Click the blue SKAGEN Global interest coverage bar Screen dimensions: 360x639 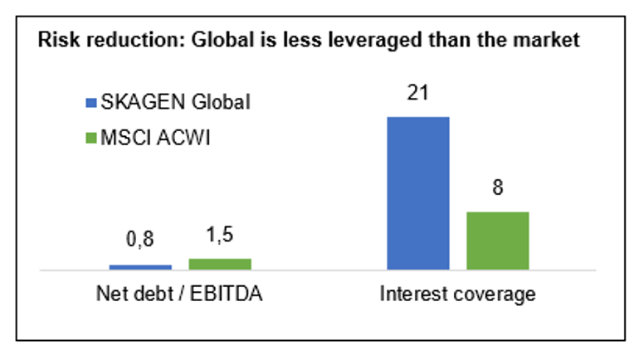click(x=418, y=192)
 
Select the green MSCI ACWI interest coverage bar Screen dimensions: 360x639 click(x=497, y=241)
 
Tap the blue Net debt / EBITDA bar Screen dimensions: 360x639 click(x=140, y=267)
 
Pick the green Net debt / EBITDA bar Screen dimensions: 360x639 click(x=220, y=264)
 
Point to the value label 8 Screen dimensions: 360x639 click(x=497, y=188)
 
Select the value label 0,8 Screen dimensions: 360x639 click(x=140, y=242)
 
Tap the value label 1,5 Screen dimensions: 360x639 click(x=219, y=236)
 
